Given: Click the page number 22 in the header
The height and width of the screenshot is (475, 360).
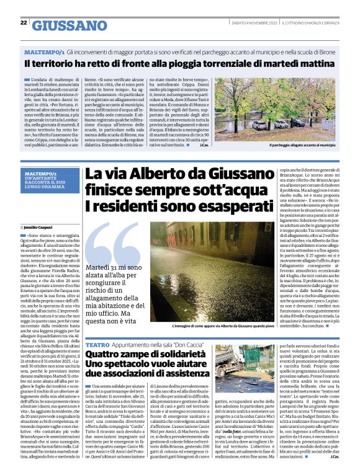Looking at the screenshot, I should [24, 22].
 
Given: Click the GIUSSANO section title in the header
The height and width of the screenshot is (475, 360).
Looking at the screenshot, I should [69, 25].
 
